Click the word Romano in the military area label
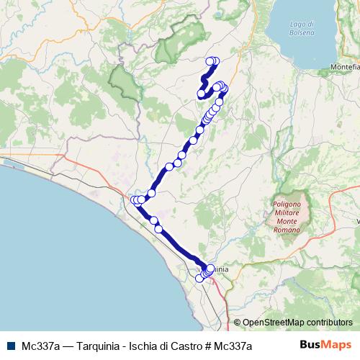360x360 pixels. (x=292, y=228)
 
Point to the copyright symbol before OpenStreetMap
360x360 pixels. (x=237, y=322)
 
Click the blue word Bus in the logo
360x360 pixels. (x=310, y=345)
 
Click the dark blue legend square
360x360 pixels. (x=11, y=345)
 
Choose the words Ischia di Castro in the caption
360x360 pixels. (x=161, y=346)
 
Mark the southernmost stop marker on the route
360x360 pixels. (x=199, y=279)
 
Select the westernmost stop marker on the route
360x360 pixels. (x=134, y=200)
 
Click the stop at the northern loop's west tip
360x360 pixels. (x=201, y=93)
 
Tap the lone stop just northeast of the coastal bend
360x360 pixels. (x=151, y=193)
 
